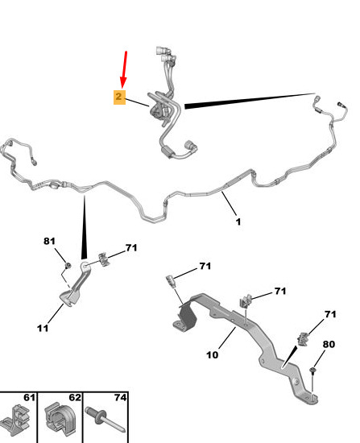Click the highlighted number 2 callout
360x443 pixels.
119,97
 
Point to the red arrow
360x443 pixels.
124,69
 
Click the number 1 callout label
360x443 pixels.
238,221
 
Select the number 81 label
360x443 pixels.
49,241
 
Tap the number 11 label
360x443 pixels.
43,328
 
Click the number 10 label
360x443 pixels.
212,355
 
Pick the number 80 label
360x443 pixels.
329,344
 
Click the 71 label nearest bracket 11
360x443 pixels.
131,248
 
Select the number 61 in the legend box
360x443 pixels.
29,398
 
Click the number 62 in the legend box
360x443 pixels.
75,398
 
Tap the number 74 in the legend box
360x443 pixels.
120,398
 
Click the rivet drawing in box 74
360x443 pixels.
105,419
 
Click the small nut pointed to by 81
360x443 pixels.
68,266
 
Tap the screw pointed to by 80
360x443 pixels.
312,371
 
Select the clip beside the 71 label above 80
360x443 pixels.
303,338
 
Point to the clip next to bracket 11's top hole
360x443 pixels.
104,259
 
